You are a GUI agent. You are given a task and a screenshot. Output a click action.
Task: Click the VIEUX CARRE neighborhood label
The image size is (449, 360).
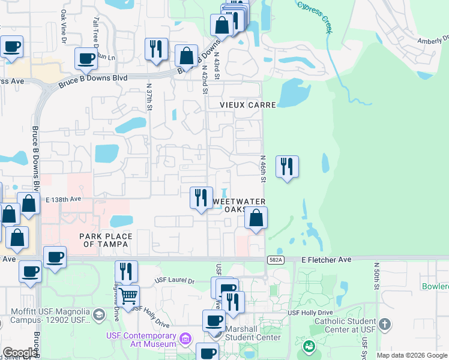tap(247, 105)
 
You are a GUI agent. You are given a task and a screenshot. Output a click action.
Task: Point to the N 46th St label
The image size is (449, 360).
tap(263, 169)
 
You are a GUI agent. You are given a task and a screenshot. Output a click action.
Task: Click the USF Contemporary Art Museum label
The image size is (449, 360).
tap(142, 339)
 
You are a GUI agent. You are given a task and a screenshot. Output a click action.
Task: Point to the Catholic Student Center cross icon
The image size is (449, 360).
tap(385, 325)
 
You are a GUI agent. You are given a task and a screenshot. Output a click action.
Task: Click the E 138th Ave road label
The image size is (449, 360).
tap(63, 199)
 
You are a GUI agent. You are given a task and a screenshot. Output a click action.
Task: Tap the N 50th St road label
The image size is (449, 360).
tap(376, 277)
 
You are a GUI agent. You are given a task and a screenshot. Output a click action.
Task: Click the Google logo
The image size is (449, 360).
tap(20, 353)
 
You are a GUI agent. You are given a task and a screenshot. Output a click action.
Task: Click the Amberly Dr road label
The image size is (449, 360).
tap(433, 40)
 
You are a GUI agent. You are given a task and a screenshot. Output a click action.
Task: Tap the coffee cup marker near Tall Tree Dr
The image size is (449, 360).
tap(86, 58)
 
